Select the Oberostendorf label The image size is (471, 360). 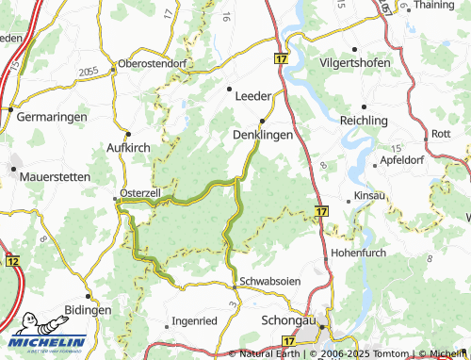(x=154, y=64)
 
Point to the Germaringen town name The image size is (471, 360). (x=54, y=116)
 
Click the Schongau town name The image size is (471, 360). (x=286, y=320)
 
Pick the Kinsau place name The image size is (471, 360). (x=369, y=196)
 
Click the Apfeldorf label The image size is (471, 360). (x=400, y=160)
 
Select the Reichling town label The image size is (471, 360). (x=364, y=122)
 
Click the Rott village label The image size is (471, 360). (x=440, y=134)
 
